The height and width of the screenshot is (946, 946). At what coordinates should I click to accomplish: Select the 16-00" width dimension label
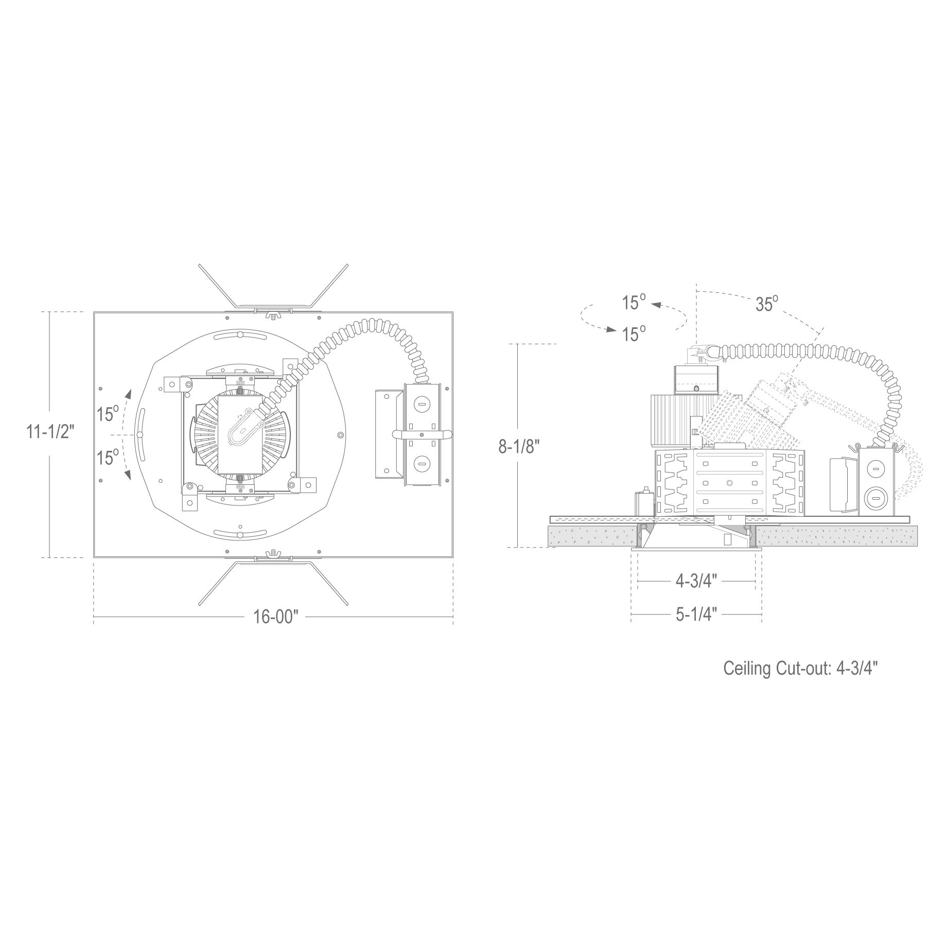click(x=276, y=616)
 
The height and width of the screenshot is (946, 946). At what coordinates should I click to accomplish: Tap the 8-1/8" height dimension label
click(x=519, y=446)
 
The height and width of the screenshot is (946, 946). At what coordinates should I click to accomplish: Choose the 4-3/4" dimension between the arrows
click(x=696, y=581)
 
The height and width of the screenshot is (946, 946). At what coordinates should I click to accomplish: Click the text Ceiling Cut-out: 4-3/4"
click(x=800, y=668)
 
